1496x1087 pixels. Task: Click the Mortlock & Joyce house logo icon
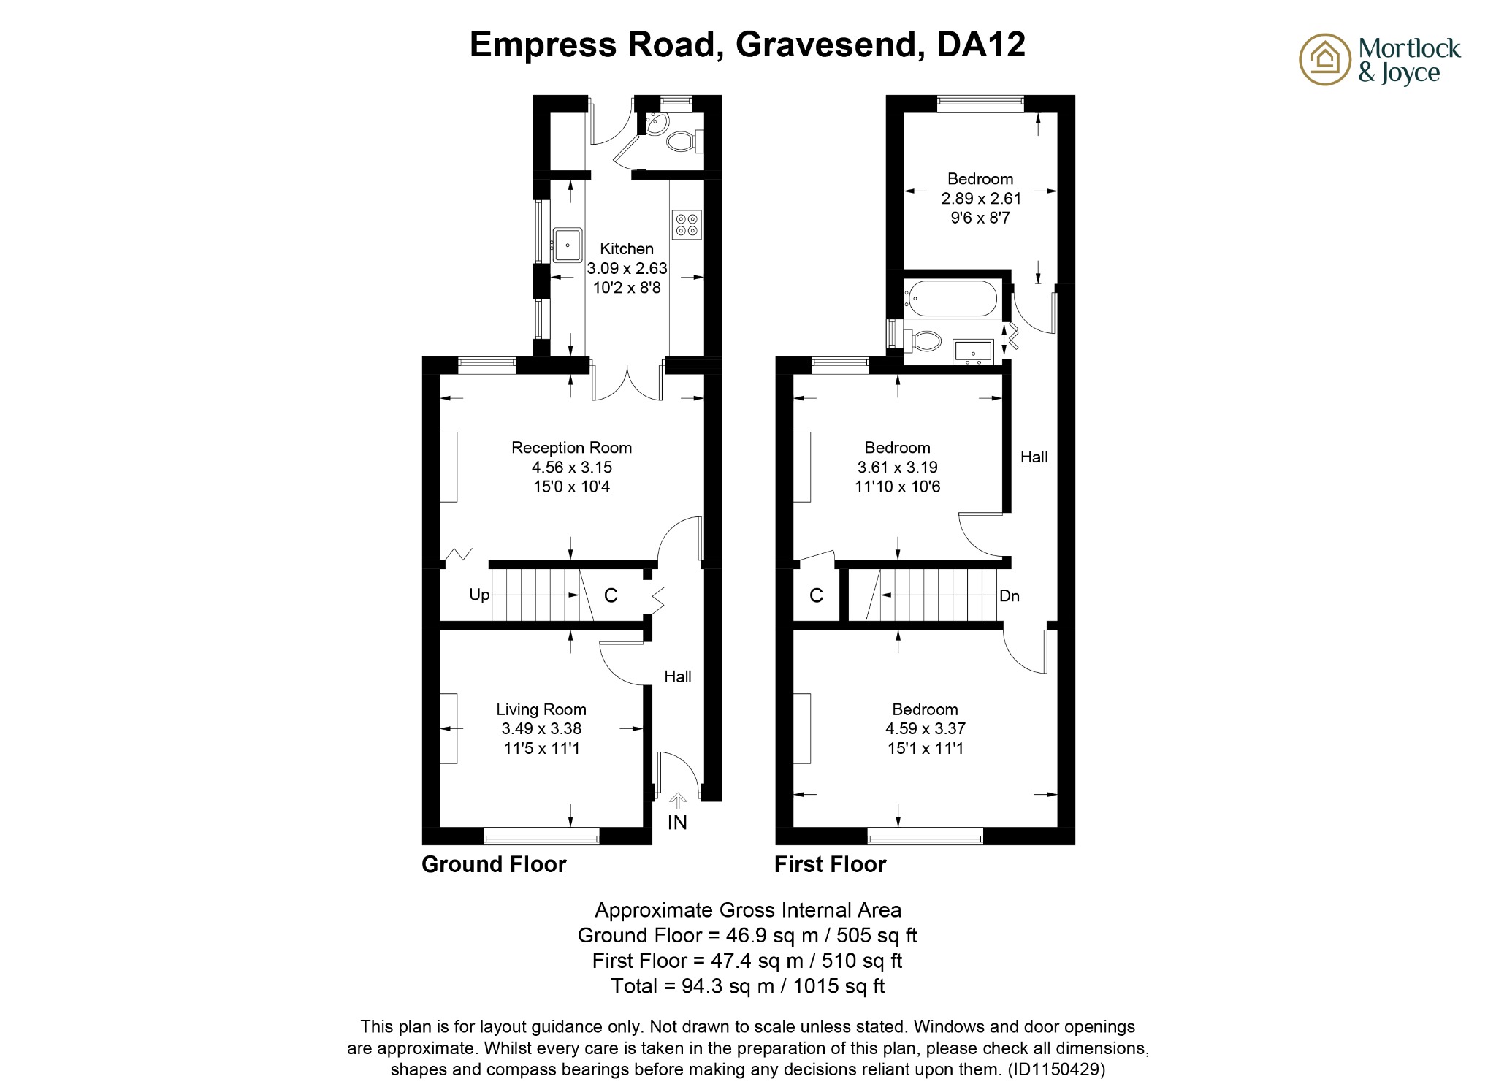point(1324,59)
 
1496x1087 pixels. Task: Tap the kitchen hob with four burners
point(686,224)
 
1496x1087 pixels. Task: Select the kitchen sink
point(567,245)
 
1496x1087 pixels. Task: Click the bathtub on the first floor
point(950,298)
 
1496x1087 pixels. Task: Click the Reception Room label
point(571,448)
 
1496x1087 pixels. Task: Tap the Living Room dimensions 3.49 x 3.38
point(541,728)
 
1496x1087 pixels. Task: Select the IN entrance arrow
point(677,802)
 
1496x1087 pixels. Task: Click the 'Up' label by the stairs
point(479,595)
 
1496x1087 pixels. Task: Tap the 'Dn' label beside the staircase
point(1009,596)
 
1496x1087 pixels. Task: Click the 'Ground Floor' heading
point(494,864)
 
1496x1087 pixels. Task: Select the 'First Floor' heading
point(830,864)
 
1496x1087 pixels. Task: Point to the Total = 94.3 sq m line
point(747,986)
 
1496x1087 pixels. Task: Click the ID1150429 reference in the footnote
point(1056,1069)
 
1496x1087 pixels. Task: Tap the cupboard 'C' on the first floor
point(816,595)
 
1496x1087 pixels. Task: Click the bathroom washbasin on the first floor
point(973,351)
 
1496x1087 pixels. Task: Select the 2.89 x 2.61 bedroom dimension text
point(980,198)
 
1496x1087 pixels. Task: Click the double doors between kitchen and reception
point(627,383)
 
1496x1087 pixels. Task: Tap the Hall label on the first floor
point(1034,457)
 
